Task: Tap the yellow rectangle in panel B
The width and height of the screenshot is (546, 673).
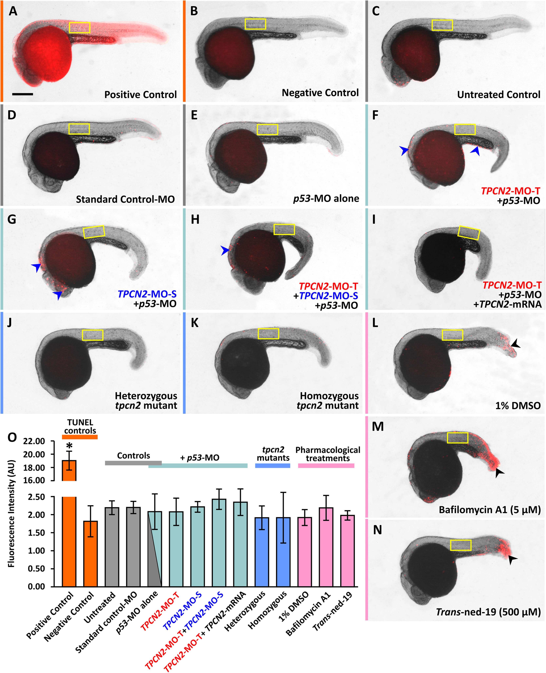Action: click(255, 24)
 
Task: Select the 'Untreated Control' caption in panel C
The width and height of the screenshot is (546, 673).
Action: click(498, 95)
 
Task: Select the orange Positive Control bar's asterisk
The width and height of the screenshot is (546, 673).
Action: click(69, 446)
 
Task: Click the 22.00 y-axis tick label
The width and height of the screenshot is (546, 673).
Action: click(34, 441)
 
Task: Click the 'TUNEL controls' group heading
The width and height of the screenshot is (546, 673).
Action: click(80, 427)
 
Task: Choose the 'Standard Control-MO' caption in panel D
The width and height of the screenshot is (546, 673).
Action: click(125, 199)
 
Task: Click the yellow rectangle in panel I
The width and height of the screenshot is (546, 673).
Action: click(469, 233)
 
